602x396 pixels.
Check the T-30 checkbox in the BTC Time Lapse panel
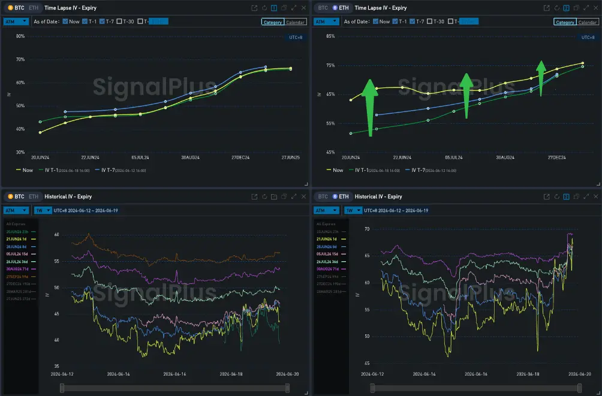point(119,22)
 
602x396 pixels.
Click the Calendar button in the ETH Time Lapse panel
point(587,22)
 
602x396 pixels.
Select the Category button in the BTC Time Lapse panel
point(272,22)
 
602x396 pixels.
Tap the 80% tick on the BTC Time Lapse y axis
point(20,36)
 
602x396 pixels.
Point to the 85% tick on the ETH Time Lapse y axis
point(330,36)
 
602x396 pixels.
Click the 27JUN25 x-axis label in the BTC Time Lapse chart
point(290,157)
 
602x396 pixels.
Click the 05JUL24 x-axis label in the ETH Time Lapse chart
point(454,157)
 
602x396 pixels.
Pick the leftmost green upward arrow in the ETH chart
point(369,108)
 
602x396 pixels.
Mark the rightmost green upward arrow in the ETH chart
point(541,78)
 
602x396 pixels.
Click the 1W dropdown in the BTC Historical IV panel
point(41,210)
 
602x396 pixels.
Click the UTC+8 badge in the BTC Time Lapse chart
point(295,37)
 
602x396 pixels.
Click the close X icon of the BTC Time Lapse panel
point(304,8)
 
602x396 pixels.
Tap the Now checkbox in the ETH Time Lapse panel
point(375,22)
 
